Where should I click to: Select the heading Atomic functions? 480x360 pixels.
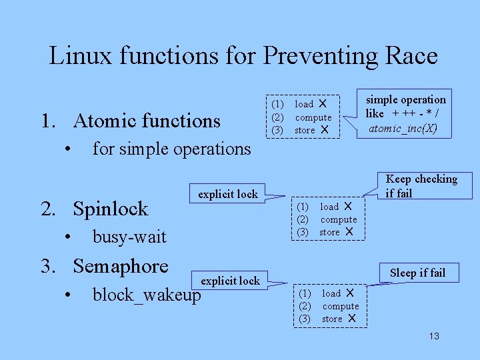147,121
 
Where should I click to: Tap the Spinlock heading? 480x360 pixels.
111,209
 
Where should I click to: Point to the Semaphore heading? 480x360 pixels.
121,266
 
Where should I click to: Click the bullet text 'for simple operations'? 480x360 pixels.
171,149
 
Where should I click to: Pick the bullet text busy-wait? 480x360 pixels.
129,237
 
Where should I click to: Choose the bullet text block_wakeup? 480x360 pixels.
147,295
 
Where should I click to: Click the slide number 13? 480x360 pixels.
434,336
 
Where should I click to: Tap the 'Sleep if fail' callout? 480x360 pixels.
417,273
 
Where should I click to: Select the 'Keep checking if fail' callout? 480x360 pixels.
421,186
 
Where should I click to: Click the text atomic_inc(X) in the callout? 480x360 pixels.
403,127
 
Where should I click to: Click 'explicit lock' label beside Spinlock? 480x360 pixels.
227,194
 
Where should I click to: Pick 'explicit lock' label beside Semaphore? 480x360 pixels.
230,281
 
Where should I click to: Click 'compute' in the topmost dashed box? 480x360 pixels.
313,117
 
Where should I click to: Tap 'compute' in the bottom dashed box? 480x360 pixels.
341,306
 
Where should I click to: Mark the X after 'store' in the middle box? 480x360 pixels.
349,232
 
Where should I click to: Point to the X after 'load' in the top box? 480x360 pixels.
322,104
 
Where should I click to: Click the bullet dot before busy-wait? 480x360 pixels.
69,237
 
